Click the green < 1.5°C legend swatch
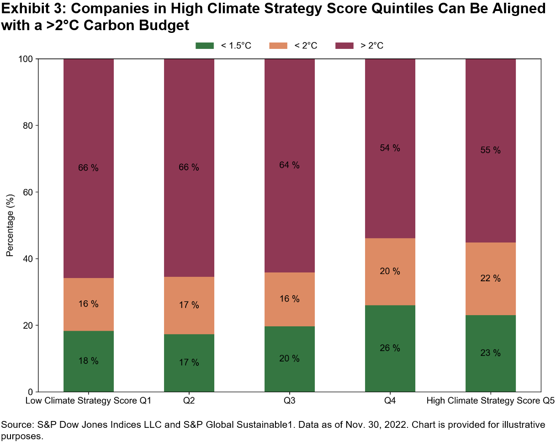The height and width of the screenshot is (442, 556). pos(205,45)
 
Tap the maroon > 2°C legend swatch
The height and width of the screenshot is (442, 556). pos(345,45)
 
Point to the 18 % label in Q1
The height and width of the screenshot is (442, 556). pos(88,361)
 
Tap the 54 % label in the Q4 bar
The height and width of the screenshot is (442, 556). pos(390,148)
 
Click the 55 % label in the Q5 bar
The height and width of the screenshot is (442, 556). pos(490,150)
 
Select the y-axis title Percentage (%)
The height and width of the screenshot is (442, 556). pos(10,225)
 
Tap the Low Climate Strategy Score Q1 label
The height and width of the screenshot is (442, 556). pos(88,402)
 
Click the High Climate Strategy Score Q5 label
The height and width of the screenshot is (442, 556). pos(490,402)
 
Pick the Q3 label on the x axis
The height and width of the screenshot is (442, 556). pos(289,402)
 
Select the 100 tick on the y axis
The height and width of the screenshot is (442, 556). pos(26,59)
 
